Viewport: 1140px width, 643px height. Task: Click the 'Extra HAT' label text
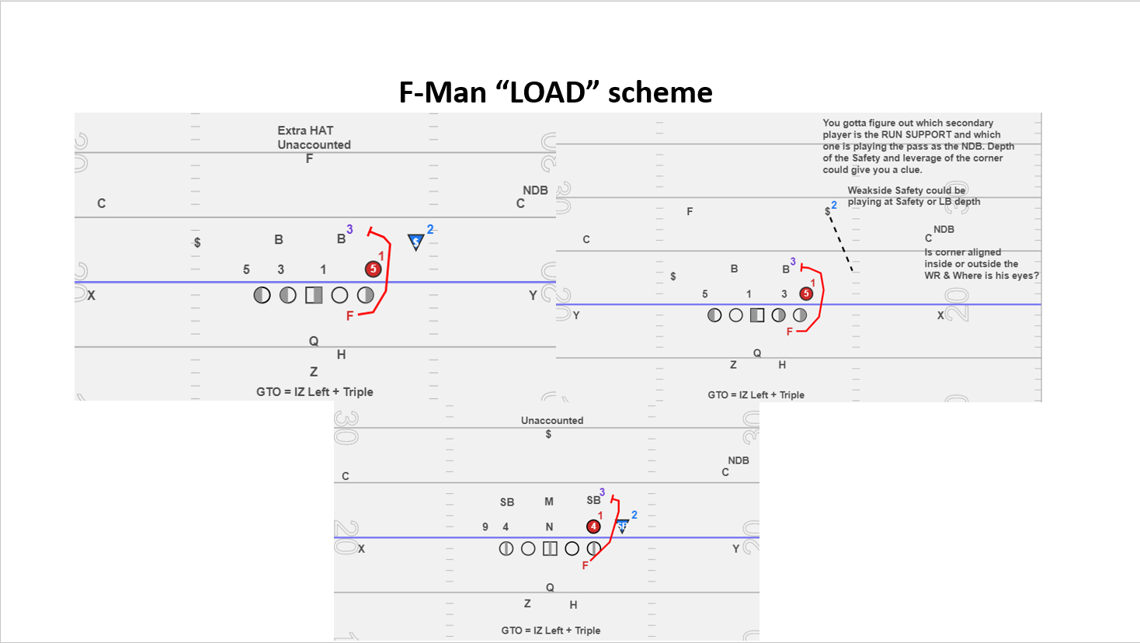305,130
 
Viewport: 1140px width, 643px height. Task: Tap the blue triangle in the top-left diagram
416,242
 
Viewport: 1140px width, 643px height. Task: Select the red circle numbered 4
593,527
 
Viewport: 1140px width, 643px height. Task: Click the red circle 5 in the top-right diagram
806,294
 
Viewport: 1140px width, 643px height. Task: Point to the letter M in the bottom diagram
549,502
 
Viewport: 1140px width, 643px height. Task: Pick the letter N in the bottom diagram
549,527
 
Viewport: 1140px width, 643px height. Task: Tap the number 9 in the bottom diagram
485,527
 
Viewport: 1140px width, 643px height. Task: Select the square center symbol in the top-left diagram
314,295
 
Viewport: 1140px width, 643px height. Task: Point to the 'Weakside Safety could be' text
906,190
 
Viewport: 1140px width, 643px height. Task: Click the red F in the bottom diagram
586,566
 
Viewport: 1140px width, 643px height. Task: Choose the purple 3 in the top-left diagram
350,229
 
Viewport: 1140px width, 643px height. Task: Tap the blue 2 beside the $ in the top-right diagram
834,205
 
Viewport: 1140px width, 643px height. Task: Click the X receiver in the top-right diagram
940,315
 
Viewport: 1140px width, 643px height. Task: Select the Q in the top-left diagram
314,341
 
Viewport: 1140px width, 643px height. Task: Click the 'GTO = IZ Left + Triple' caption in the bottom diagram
551,631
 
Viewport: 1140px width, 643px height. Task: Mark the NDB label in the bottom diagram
739,461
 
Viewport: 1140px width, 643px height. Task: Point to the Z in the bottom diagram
527,603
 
